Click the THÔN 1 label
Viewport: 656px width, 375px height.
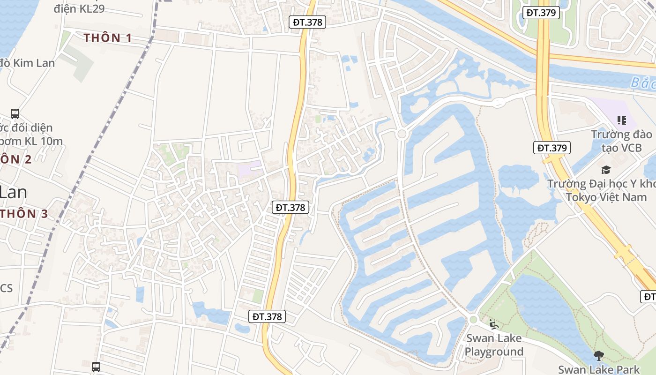108,38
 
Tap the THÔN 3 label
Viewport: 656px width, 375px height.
24,214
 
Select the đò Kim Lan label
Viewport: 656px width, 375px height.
27,63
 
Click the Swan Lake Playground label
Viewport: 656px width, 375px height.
494,345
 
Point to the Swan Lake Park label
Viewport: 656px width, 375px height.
599,369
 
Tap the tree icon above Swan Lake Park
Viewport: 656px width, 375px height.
598,356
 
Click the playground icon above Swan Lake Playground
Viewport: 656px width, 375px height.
492,324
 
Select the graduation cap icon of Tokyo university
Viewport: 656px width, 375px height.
606,170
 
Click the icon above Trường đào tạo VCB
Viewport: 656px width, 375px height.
622,120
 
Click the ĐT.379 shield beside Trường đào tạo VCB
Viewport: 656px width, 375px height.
552,148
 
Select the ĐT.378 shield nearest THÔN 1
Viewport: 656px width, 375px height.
306,22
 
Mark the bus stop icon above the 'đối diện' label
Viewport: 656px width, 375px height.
15,113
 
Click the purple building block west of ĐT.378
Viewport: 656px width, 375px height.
249,169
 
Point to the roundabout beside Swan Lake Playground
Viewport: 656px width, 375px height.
473,320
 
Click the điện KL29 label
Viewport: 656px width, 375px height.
79,8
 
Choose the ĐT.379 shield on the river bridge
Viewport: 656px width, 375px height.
541,12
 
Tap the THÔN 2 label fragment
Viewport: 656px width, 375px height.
16,159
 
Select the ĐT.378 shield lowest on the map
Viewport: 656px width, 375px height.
267,316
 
